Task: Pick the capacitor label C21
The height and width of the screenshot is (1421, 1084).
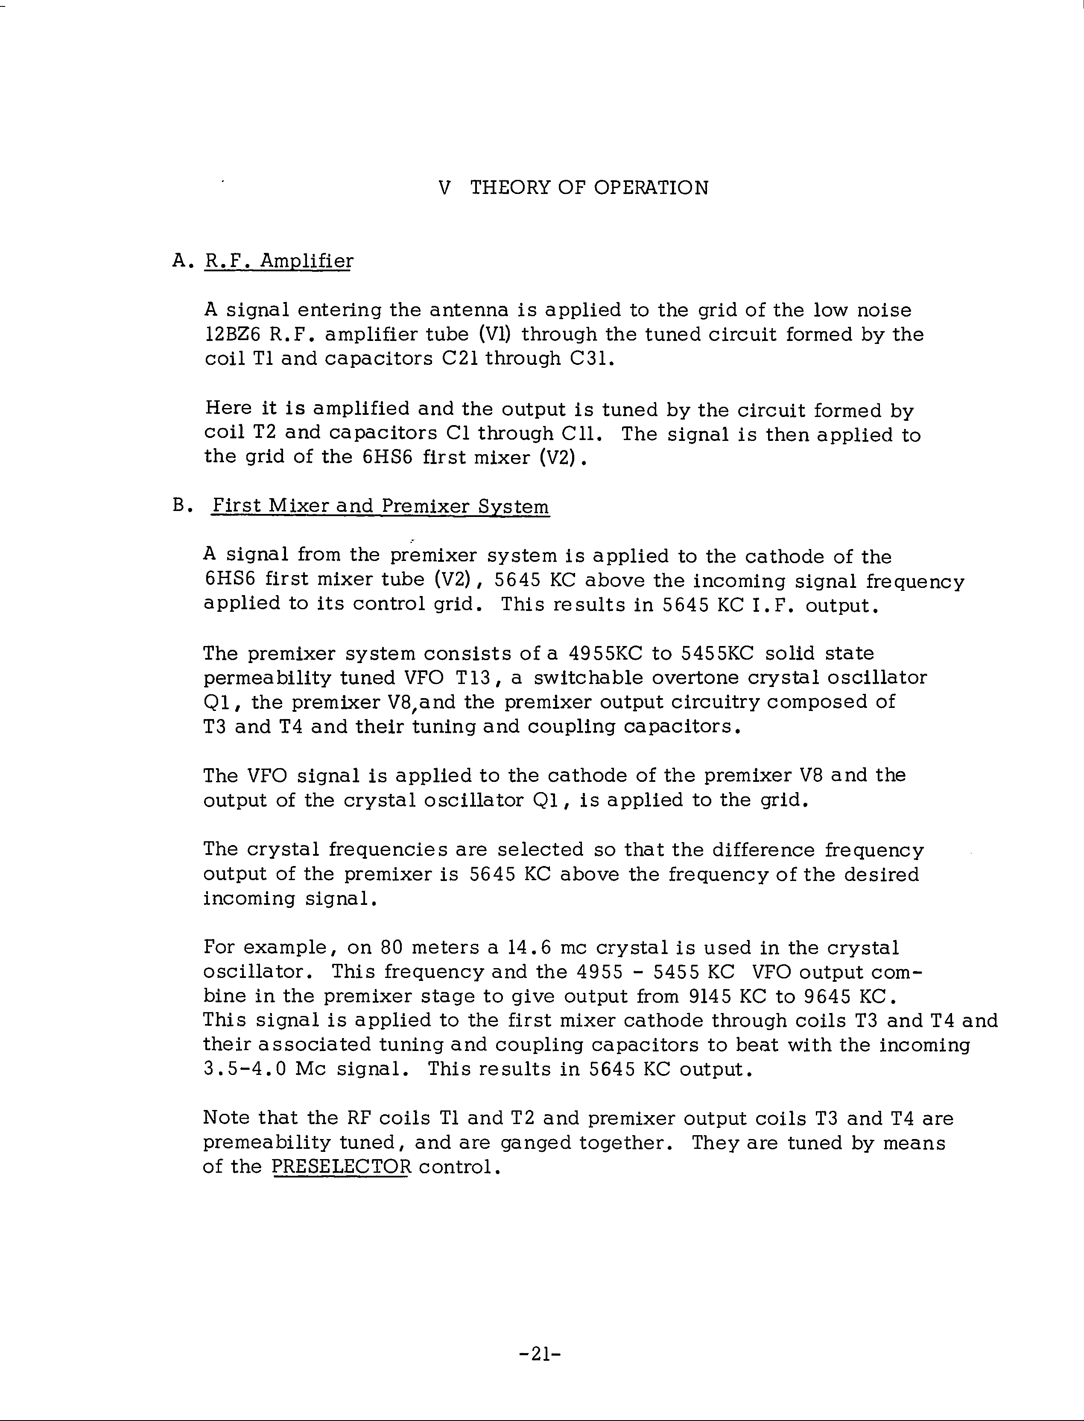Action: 459,359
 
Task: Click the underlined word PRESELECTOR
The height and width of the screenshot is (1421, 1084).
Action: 341,1167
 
